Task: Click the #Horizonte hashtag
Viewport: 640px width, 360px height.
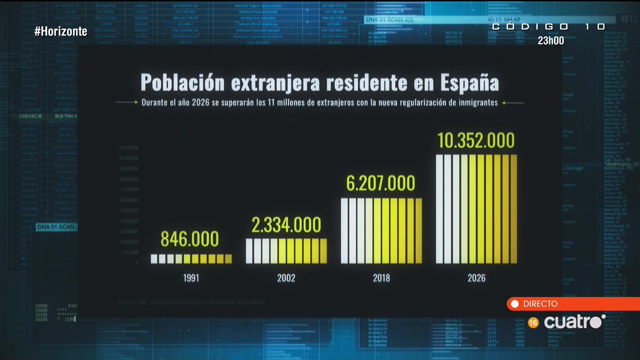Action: pyautogui.click(x=60, y=31)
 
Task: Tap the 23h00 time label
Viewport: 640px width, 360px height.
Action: pyautogui.click(x=551, y=41)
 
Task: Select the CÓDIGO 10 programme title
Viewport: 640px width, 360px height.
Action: pyautogui.click(x=548, y=26)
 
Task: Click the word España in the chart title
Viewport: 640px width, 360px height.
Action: pyautogui.click(x=469, y=83)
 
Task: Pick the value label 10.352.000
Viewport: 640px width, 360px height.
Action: pyautogui.click(x=476, y=140)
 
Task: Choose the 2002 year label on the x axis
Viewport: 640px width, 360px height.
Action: pyautogui.click(x=285, y=278)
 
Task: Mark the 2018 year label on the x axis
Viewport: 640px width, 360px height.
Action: pyautogui.click(x=381, y=278)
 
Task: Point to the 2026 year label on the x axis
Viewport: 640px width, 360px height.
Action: pyautogui.click(x=476, y=278)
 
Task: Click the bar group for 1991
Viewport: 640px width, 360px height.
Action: pyautogui.click(x=191, y=259)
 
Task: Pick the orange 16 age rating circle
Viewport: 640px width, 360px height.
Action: pyautogui.click(x=533, y=322)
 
